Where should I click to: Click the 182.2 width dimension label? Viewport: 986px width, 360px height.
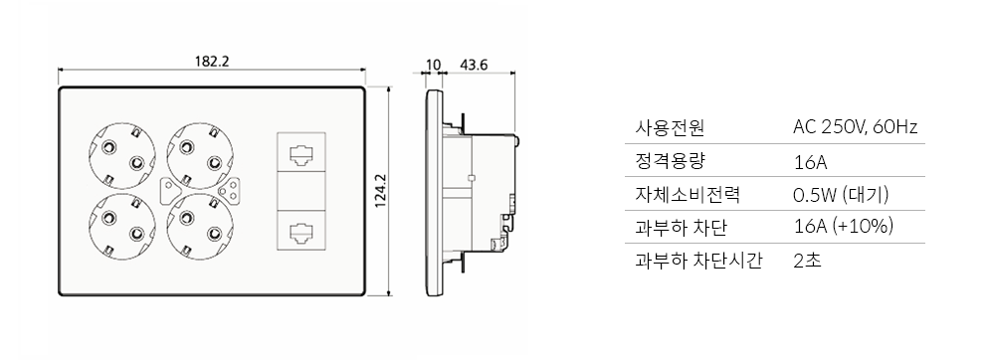point(211,61)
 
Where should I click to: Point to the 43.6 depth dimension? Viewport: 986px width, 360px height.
point(475,66)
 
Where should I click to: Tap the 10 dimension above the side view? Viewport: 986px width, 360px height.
point(433,66)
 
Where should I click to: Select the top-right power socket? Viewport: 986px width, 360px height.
point(201,155)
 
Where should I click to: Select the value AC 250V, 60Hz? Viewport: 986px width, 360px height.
point(855,128)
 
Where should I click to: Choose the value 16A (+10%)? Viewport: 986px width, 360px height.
point(843,227)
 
